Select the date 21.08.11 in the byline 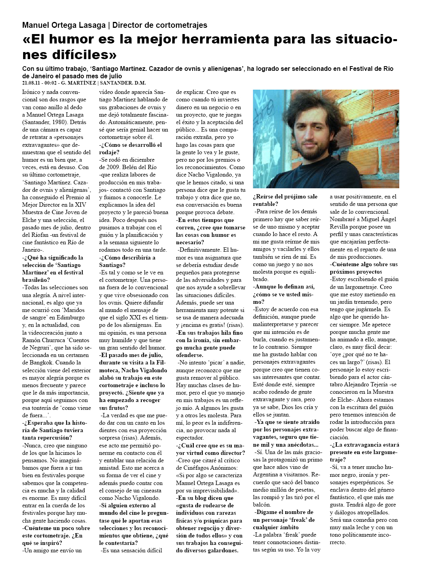pos(33,83)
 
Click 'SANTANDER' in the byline pos(116,83)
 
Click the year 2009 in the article pos(114,167)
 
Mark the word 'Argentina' pos(265,474)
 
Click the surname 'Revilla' pos(339,227)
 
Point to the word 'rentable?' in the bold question pos(266,204)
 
